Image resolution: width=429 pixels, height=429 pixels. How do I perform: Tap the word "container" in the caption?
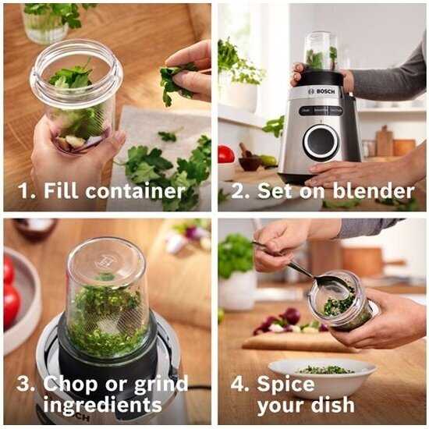pyautogui.click(x=136, y=190)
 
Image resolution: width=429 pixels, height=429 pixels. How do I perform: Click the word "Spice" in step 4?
pyautogui.click(x=285, y=384)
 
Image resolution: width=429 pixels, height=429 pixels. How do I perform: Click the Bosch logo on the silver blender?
pyautogui.click(x=321, y=91)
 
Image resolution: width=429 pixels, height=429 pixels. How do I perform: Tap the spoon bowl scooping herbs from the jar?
pyautogui.click(x=331, y=289)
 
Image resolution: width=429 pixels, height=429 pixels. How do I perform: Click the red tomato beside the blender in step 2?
pyautogui.click(x=226, y=154)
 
